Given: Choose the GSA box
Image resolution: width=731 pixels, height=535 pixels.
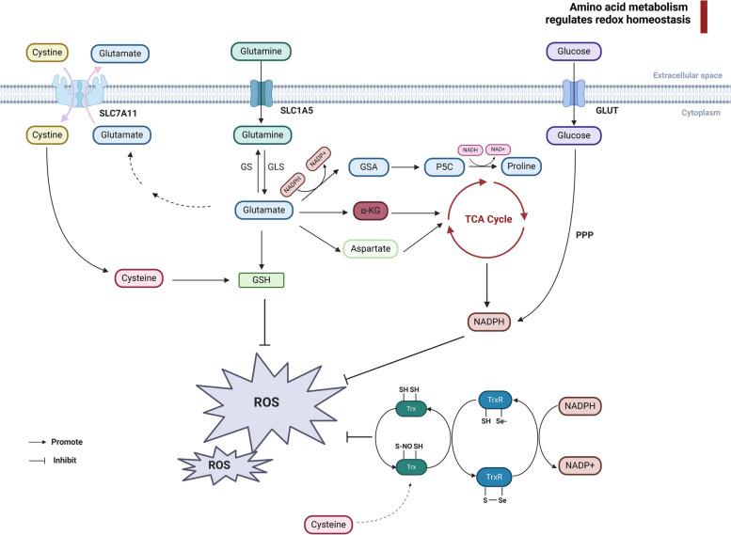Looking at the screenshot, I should [x=369, y=165].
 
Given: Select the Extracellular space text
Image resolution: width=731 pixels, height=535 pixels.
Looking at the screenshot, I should [x=686, y=77].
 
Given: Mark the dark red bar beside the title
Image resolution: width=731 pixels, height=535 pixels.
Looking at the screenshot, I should [x=704, y=18].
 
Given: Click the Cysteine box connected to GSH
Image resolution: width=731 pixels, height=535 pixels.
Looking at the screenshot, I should [x=138, y=279].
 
